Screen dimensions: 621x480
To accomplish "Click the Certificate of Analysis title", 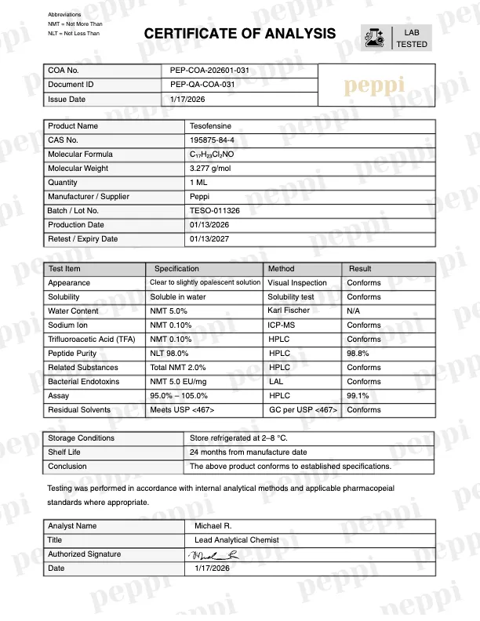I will point(240,34).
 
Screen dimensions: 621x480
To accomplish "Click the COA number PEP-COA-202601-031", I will point(209,71).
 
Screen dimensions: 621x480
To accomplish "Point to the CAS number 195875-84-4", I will point(212,140).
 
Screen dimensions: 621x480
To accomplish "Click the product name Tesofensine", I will point(210,126).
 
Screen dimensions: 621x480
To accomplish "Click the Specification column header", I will point(176,269).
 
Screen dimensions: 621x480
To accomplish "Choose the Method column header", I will point(281,269).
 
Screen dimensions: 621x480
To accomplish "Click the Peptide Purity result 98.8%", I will point(360,354).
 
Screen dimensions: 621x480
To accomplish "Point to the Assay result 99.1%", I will point(358,396).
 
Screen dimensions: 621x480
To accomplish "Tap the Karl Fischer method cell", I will point(288,311).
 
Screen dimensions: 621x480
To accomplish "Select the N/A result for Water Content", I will point(354,311).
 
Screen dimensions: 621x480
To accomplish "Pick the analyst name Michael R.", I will point(213,526).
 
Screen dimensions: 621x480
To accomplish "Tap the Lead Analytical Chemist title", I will point(236,540).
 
